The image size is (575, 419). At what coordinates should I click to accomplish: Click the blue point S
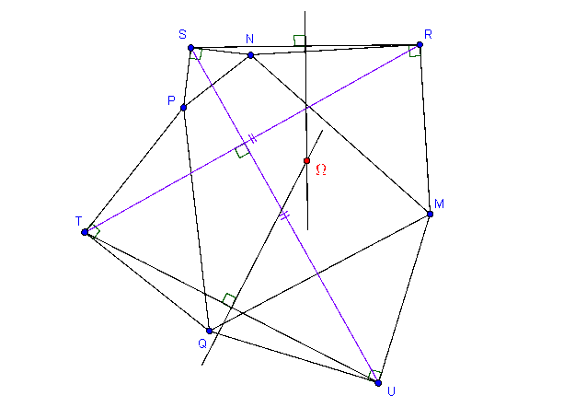click(190, 48)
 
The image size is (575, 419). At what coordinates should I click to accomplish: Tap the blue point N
click(250, 55)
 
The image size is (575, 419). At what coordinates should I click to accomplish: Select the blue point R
click(420, 45)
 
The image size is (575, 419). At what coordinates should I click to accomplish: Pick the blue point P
click(184, 108)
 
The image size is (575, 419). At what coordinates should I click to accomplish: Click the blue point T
click(85, 232)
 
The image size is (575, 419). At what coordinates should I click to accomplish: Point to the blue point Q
click(210, 331)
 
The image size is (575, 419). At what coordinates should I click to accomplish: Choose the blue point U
click(378, 383)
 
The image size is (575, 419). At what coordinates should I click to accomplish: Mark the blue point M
click(431, 214)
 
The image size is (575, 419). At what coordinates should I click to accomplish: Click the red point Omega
click(307, 161)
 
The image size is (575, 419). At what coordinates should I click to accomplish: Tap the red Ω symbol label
click(321, 169)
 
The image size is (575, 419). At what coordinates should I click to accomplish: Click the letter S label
click(183, 34)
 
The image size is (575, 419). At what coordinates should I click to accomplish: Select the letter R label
click(428, 34)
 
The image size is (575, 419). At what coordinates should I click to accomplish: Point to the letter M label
click(439, 204)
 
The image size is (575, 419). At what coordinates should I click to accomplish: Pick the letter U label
click(391, 392)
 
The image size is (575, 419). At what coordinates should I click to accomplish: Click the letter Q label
click(202, 343)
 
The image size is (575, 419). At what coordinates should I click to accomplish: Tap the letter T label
click(78, 221)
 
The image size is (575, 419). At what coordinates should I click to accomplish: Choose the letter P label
click(171, 100)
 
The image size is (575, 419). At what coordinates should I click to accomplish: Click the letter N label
click(249, 39)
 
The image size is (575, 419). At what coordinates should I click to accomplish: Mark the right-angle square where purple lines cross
click(242, 150)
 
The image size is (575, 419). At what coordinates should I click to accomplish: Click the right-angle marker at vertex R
click(415, 52)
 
